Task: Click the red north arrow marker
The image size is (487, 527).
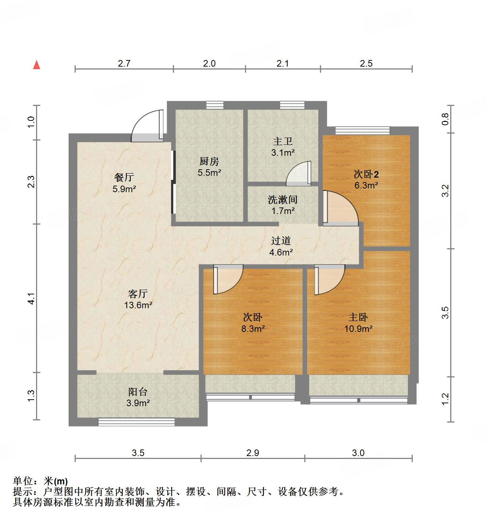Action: click(x=36, y=65)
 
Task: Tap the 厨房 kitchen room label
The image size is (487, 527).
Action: click(x=209, y=161)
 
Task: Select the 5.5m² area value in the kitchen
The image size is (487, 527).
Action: click(x=209, y=173)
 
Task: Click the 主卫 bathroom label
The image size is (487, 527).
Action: click(x=283, y=141)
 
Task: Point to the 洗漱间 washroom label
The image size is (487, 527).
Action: click(x=283, y=199)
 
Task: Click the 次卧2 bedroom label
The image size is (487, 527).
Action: click(x=366, y=174)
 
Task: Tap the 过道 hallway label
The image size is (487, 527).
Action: click(x=281, y=241)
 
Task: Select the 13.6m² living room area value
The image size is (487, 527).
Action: click(x=138, y=305)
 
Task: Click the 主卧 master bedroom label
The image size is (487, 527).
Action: click(x=358, y=317)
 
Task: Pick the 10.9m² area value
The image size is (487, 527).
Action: click(x=358, y=329)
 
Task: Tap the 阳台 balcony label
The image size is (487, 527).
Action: click(x=138, y=392)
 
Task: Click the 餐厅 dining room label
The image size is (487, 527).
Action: click(x=124, y=178)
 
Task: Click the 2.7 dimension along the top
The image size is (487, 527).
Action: click(x=124, y=64)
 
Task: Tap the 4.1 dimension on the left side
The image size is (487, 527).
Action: click(x=32, y=298)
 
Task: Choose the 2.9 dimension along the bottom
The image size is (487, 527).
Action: click(x=253, y=453)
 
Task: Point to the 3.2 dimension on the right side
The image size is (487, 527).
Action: click(x=445, y=190)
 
